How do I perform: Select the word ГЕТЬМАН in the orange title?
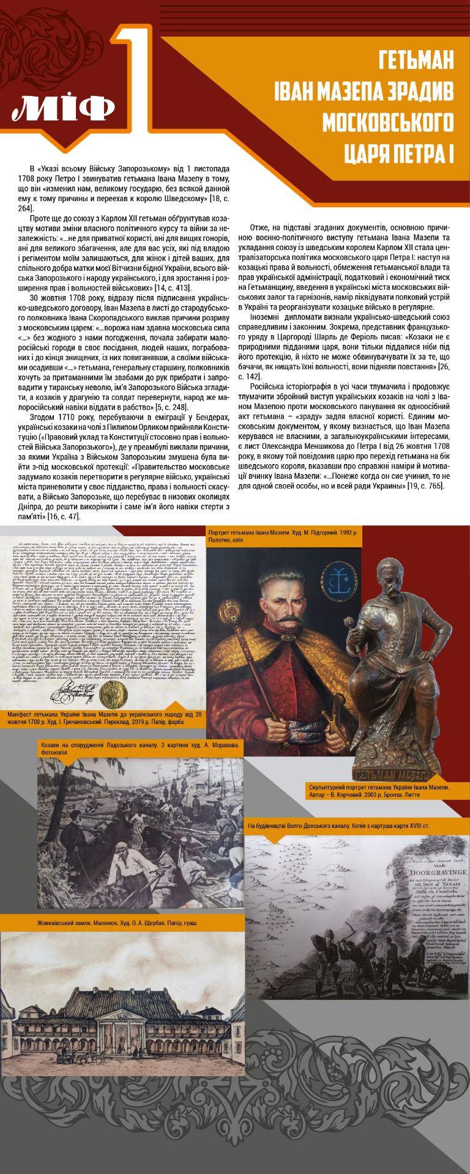coord(416,61)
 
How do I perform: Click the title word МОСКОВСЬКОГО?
coord(388,122)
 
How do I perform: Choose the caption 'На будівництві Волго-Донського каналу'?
coord(338,827)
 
